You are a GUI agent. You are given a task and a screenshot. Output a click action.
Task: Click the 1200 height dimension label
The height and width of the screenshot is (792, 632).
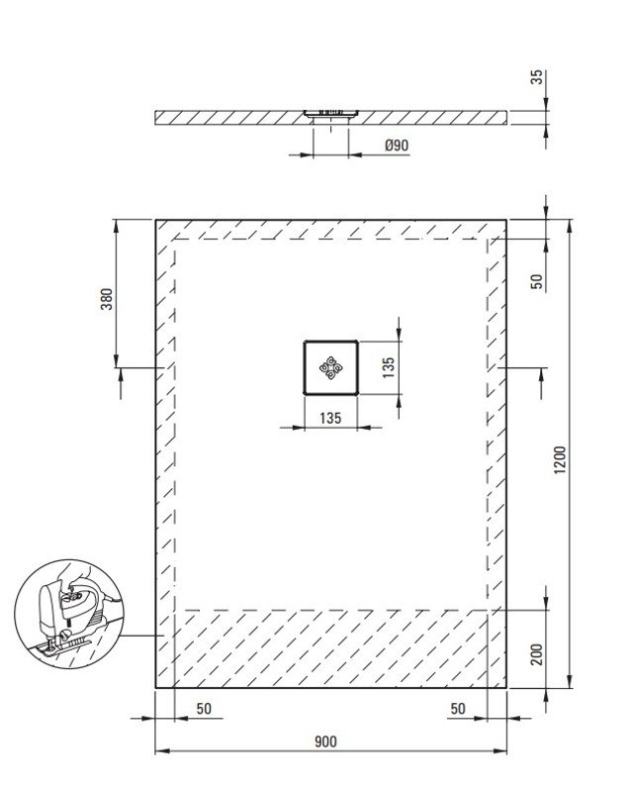click(x=560, y=459)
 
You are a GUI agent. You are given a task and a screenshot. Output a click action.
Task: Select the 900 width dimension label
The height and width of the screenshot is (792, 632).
click(x=325, y=742)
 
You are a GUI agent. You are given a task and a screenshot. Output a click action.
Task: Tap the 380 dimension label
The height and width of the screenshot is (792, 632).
click(x=107, y=299)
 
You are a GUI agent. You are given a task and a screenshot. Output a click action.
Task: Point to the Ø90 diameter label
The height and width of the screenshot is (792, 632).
click(x=397, y=146)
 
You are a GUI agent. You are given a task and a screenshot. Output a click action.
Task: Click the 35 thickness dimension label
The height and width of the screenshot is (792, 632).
click(x=538, y=77)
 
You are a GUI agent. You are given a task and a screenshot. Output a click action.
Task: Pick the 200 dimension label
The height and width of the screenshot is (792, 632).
click(x=537, y=654)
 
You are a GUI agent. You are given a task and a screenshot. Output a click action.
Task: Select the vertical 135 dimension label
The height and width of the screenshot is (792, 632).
click(x=388, y=367)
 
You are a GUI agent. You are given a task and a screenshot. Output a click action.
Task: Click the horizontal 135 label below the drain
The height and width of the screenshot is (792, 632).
click(x=330, y=418)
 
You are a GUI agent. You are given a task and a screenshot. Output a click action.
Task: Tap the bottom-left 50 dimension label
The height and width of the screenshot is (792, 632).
click(x=204, y=709)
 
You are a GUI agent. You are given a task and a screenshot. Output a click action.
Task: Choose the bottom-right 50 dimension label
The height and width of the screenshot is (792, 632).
click(x=458, y=709)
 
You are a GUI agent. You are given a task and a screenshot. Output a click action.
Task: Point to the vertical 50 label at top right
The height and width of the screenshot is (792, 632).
click(x=537, y=281)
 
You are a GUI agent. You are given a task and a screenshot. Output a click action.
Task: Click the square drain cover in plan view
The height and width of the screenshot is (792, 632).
click(x=330, y=367)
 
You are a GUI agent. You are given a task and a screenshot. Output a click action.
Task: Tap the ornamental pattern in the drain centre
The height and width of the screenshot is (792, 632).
click(x=330, y=367)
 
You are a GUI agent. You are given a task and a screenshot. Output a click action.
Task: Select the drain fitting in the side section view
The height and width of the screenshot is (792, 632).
click(x=330, y=114)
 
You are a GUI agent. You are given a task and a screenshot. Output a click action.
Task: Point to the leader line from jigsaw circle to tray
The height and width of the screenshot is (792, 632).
click(x=143, y=635)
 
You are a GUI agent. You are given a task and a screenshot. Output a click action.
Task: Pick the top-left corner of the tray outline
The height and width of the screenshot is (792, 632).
click(x=156, y=220)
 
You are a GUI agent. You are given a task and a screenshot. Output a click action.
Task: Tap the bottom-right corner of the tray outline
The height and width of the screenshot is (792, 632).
click(x=505, y=687)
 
